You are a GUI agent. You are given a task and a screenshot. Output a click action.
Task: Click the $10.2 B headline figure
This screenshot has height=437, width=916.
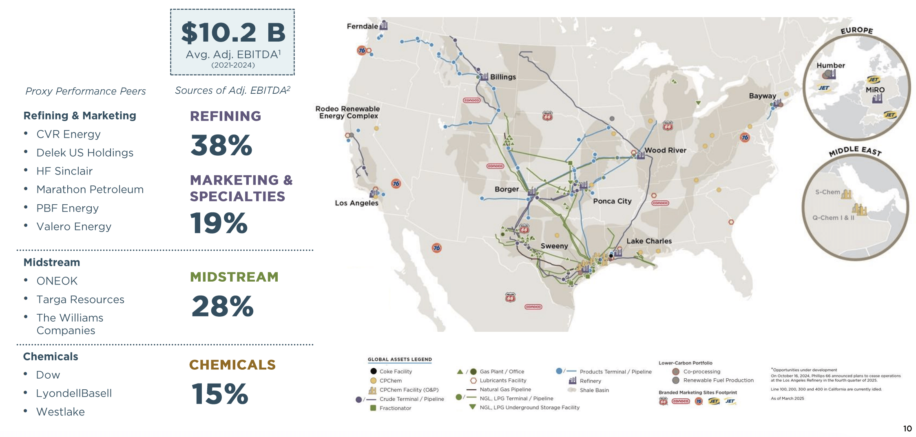233,33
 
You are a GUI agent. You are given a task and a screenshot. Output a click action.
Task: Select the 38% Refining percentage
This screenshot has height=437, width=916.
221,146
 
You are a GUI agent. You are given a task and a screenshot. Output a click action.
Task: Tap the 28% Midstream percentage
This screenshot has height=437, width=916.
223,306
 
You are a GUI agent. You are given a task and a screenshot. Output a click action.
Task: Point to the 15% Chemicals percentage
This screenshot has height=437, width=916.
220,394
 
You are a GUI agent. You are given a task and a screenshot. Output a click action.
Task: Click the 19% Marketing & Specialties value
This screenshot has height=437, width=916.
219,223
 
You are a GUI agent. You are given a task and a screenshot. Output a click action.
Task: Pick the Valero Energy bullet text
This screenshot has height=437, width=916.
74,227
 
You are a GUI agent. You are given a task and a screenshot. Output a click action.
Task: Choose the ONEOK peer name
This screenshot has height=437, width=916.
57,281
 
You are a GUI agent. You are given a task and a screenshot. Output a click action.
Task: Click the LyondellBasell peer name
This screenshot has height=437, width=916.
74,393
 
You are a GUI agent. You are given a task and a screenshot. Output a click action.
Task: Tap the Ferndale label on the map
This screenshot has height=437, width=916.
362,26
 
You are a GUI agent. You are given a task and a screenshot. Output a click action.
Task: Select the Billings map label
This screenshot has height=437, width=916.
503,77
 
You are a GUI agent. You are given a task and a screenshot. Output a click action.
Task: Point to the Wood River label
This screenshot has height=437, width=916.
665,150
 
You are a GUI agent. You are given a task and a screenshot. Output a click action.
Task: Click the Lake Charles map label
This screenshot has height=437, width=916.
649,241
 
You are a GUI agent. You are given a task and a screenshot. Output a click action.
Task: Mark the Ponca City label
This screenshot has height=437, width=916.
612,201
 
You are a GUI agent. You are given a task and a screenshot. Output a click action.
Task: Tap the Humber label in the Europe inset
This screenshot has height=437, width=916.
830,66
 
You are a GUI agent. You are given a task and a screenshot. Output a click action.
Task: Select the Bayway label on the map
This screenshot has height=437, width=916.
762,96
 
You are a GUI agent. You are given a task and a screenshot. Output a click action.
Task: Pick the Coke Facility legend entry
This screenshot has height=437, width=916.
395,372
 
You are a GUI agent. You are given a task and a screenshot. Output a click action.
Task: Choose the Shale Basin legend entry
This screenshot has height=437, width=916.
594,391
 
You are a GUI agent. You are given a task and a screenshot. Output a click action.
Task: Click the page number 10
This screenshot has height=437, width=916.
907,428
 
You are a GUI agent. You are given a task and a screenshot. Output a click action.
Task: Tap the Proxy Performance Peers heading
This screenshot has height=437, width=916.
86,91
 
